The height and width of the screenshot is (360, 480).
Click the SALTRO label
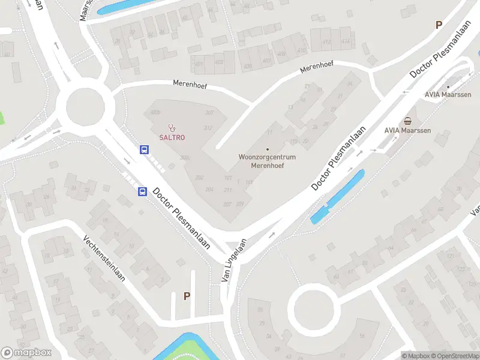pyautogui.click(x=172, y=137)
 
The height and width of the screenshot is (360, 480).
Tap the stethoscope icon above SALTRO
pyautogui.click(x=172, y=127)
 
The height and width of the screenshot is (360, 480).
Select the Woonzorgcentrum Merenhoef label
pyautogui.click(x=268, y=161)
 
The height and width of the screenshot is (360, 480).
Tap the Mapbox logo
pyautogui.click(x=26, y=353)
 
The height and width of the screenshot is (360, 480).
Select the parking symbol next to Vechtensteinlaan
pyautogui.click(x=187, y=296)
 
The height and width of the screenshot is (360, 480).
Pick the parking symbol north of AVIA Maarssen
pyautogui.click(x=439, y=25)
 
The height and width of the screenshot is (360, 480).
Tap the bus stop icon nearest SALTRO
pyautogui.click(x=145, y=150)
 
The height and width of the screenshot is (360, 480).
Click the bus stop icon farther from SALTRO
pyautogui.click(x=142, y=192)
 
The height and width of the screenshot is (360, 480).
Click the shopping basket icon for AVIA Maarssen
pyautogui.click(x=408, y=121)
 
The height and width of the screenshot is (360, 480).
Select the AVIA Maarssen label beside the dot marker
pyautogui.click(x=448, y=95)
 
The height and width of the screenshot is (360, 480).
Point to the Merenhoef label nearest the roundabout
pyautogui.click(x=190, y=85)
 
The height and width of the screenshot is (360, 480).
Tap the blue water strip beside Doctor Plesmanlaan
pyautogui.click(x=337, y=197)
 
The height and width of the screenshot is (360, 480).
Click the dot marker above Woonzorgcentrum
pyautogui.click(x=268, y=149)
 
